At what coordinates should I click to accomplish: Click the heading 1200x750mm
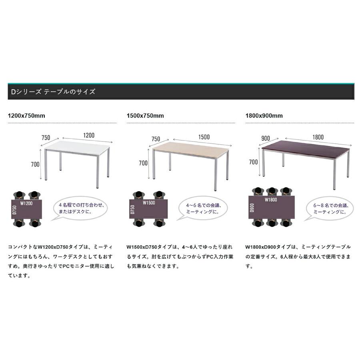(x=26, y=116)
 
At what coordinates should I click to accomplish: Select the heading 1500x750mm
(x=145, y=116)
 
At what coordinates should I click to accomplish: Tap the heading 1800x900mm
(x=264, y=116)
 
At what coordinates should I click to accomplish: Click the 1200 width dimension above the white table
(x=89, y=135)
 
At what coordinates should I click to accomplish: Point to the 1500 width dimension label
(x=204, y=137)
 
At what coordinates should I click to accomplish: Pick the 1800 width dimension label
(x=318, y=137)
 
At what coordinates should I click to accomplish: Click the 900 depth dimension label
(x=266, y=138)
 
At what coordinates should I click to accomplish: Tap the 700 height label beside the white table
(x=35, y=164)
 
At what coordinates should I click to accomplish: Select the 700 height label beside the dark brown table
(x=254, y=162)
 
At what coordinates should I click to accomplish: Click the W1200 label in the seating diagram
(x=26, y=203)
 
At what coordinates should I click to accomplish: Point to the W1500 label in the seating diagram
(x=149, y=202)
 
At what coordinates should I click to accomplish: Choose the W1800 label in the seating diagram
(x=271, y=200)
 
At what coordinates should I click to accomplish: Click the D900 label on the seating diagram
(x=252, y=208)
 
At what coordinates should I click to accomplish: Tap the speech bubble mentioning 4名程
(x=80, y=208)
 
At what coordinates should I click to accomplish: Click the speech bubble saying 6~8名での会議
(x=330, y=208)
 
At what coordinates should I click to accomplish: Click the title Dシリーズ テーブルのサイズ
(x=53, y=92)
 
